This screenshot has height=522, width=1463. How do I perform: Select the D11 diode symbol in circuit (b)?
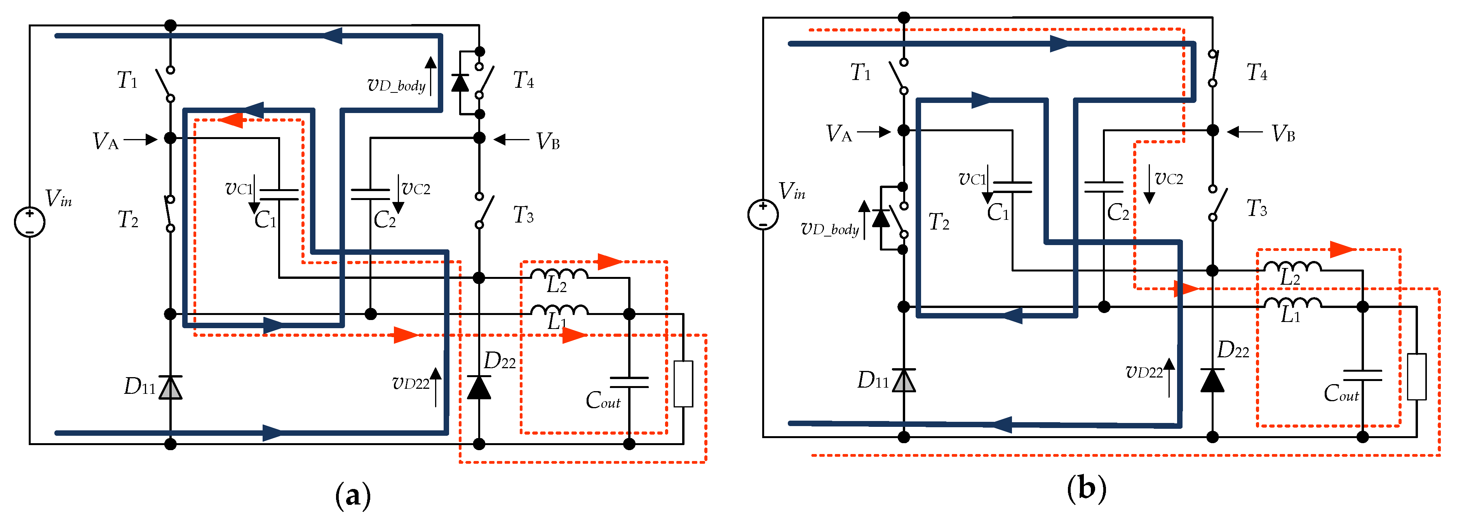coord(903,381)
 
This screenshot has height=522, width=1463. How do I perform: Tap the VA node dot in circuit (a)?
coord(170,138)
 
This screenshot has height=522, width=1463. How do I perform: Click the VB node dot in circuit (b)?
coord(1212,130)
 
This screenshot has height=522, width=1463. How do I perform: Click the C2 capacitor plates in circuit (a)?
coord(370,194)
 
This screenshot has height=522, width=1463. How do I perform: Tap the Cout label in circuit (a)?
coord(603,400)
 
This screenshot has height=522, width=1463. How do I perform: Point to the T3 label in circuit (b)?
coord(1256,209)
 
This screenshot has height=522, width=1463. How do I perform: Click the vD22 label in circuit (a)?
coord(411,383)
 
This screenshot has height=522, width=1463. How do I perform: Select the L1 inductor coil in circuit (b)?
coord(1292,303)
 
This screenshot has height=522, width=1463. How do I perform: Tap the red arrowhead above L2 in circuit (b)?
coord(1341,249)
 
